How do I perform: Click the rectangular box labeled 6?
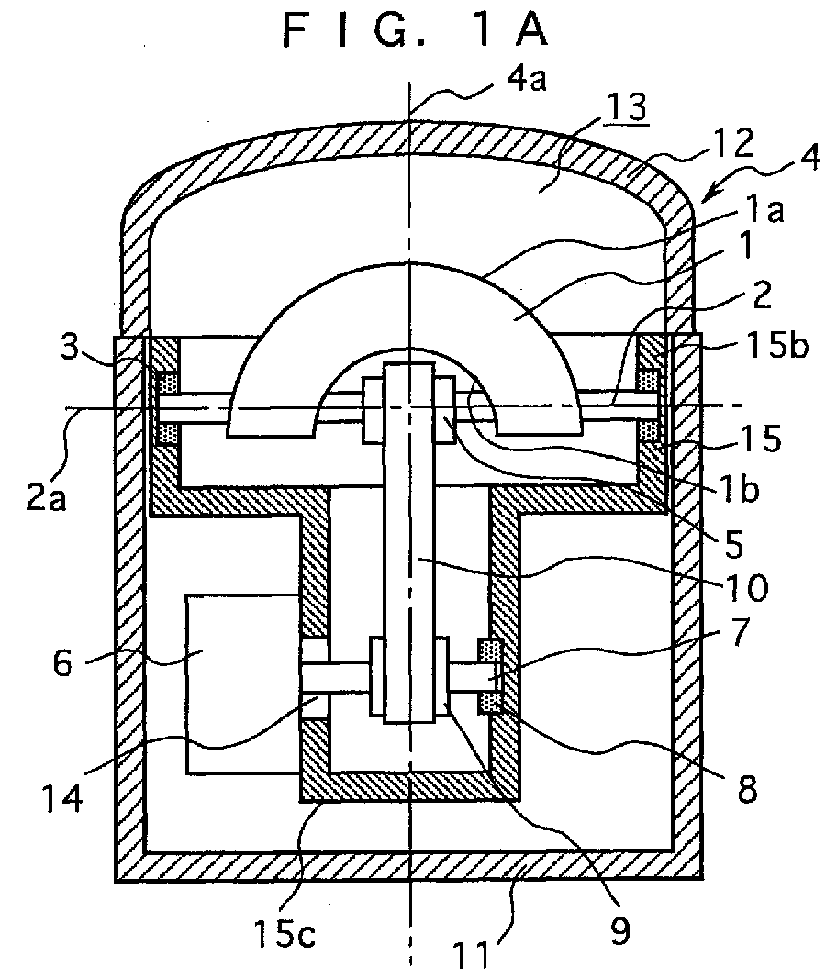coord(240,684)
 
